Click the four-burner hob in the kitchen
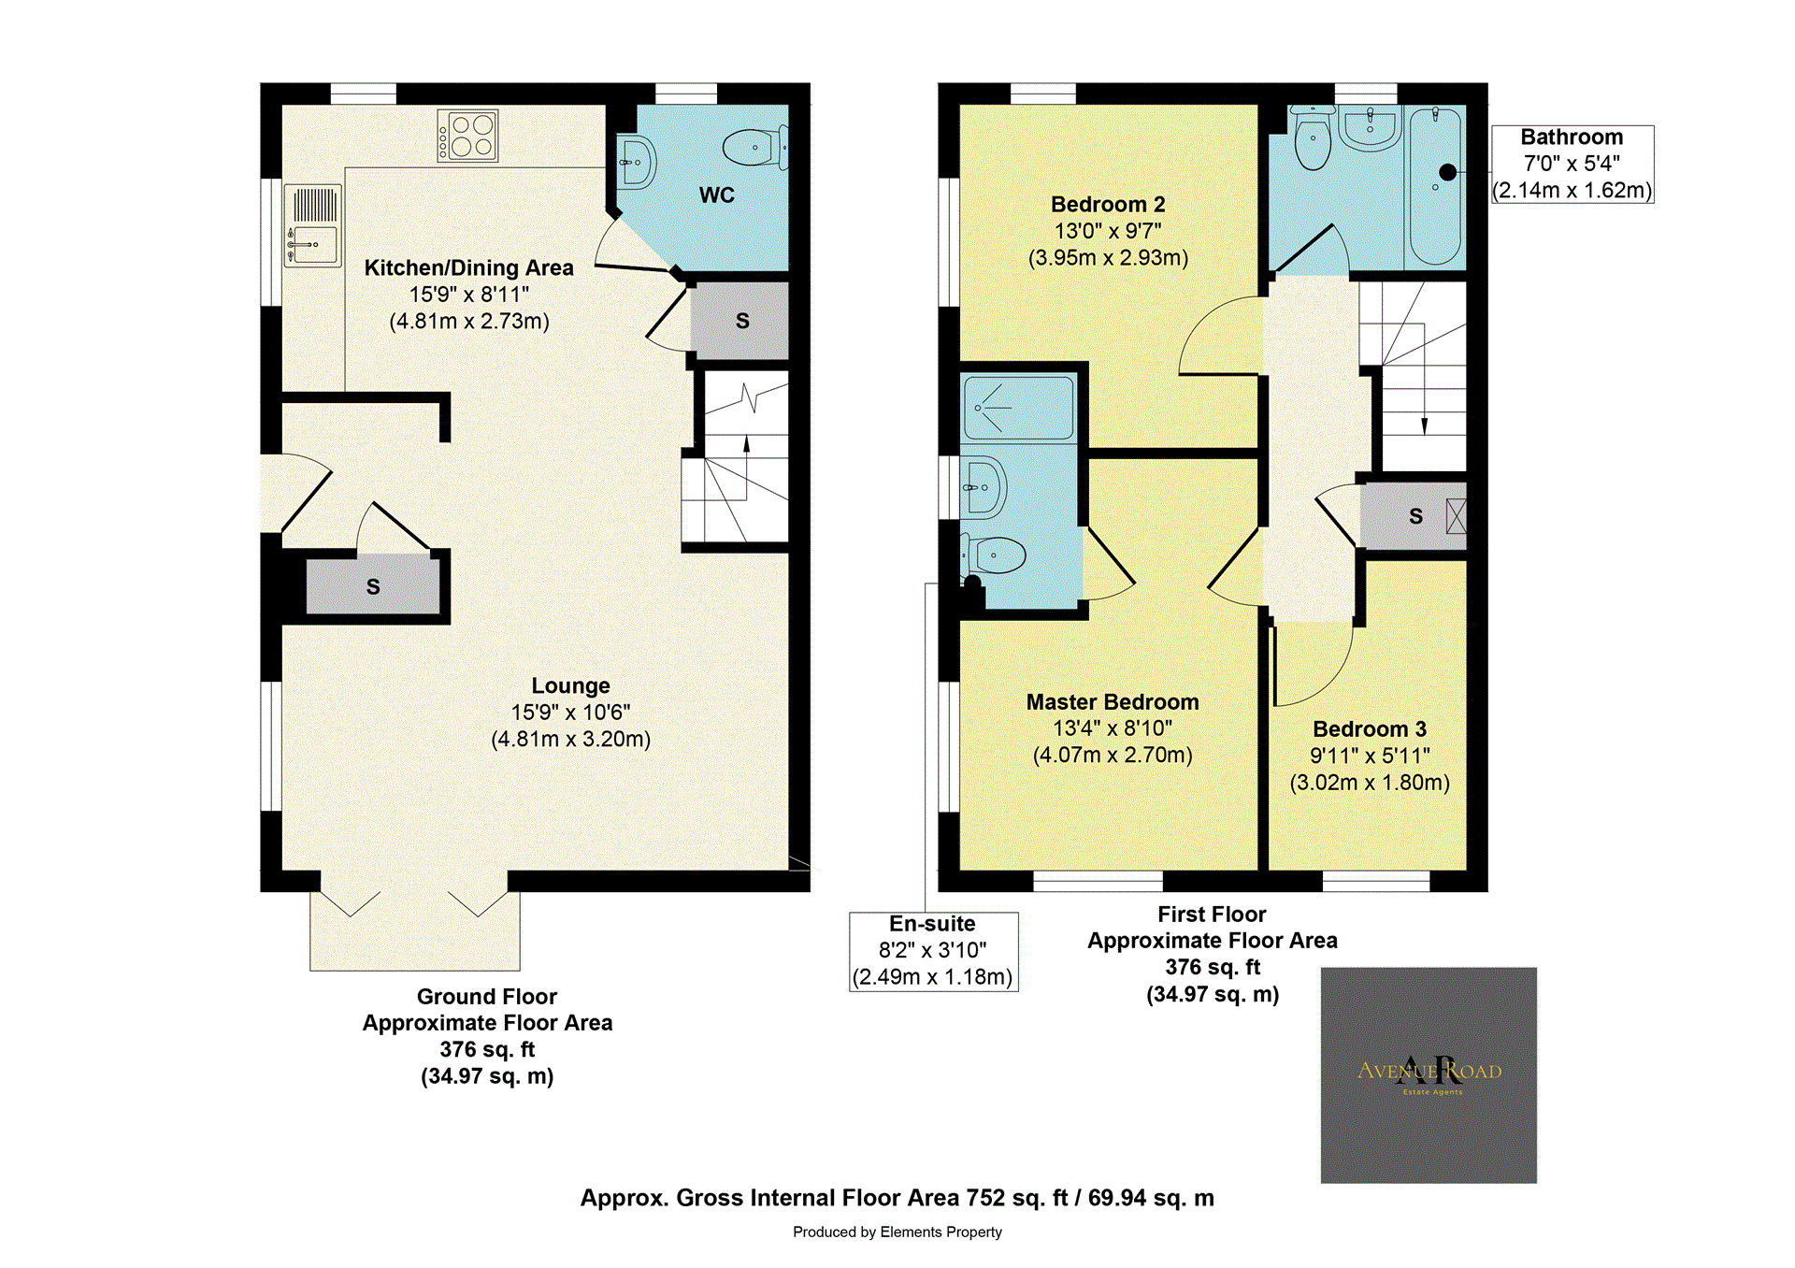point(467,136)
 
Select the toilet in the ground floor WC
point(755,148)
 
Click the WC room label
point(716,195)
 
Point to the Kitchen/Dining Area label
point(468,268)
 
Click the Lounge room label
point(570,686)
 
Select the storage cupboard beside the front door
point(373,586)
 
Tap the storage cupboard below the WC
point(741,321)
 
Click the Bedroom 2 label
point(1108,205)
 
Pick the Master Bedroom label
point(1112,702)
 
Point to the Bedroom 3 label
point(1369,729)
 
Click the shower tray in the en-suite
point(1018,409)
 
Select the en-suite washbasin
point(984,487)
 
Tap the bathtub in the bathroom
point(1435,187)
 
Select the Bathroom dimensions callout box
point(1572,165)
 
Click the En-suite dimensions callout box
point(933,951)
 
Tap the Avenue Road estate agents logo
point(1428,1074)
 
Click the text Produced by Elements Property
point(897,1232)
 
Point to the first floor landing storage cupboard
point(1413,516)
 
